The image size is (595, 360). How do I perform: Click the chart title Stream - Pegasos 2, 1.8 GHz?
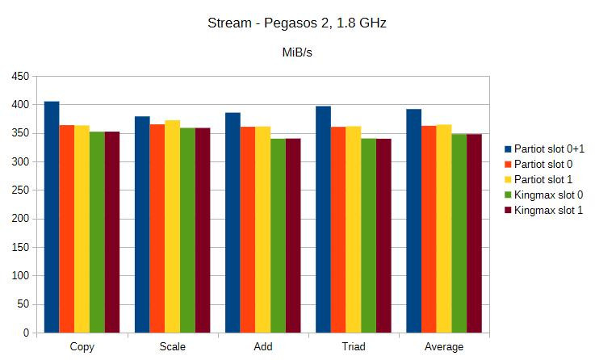(297, 23)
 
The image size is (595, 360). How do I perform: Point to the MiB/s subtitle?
(297, 54)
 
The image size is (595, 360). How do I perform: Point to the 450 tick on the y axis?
(19, 77)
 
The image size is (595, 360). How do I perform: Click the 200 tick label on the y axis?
(19, 219)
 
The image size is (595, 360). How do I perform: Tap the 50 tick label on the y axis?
(22, 304)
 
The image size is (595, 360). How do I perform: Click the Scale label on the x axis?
(172, 347)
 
